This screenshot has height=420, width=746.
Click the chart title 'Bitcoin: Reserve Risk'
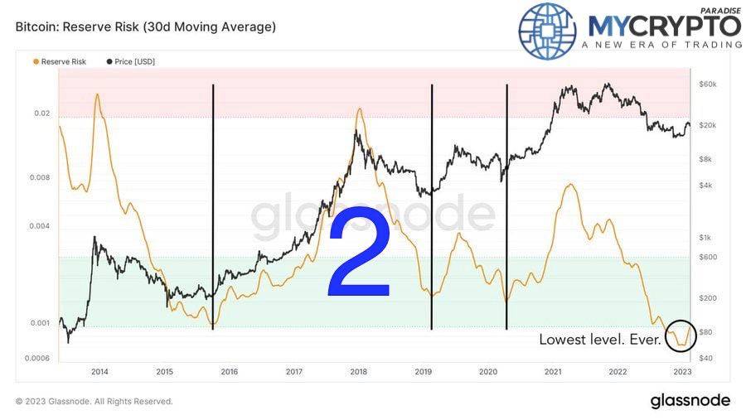[146, 27]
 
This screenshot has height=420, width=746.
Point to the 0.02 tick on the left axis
[41, 113]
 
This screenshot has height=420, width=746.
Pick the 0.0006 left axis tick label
[36, 358]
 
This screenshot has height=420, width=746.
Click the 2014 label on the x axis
[99, 372]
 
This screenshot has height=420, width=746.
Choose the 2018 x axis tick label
[359, 372]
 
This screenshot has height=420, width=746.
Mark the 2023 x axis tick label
[681, 372]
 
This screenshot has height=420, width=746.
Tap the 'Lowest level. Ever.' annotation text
[600, 340]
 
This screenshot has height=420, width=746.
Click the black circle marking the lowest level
[682, 333]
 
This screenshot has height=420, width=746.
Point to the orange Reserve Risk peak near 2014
[98, 94]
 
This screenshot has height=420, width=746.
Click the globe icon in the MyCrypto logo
[547, 30]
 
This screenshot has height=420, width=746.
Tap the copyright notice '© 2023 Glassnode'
[94, 401]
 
